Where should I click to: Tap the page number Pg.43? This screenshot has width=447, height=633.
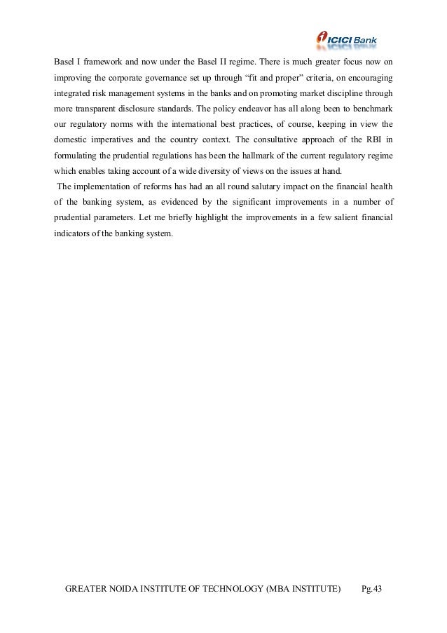371,589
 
